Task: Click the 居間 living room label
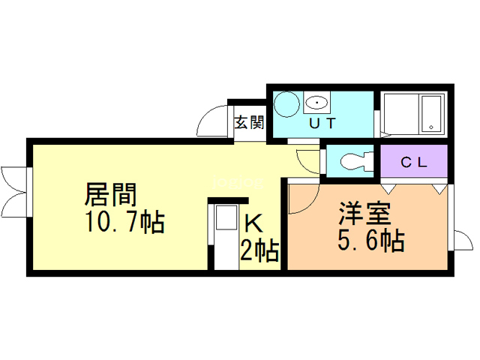pos(110,195)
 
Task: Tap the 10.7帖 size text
pos(124,223)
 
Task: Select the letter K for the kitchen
pos(253,223)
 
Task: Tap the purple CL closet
pos(413,161)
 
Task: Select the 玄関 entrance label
pos(248,122)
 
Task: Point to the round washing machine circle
pos(286,104)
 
